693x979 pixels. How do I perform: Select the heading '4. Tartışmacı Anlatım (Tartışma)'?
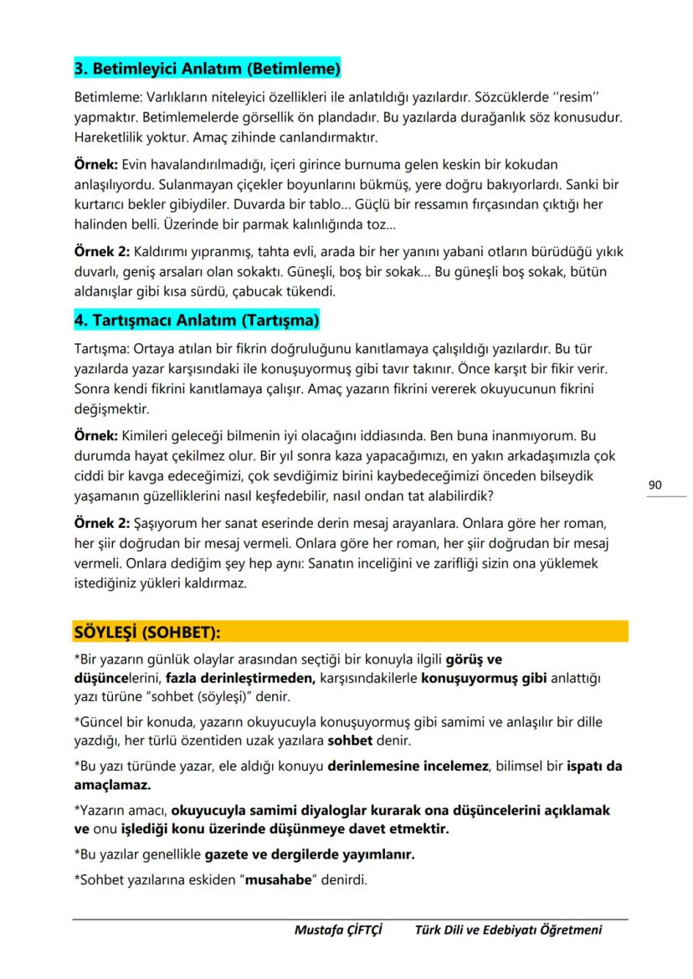point(197,320)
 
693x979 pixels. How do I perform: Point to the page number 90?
point(655,484)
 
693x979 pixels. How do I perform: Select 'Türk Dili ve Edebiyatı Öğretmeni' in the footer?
point(508,930)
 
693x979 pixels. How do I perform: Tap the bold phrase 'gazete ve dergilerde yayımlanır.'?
point(310,856)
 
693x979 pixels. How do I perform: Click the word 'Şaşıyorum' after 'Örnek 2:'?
point(164,524)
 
